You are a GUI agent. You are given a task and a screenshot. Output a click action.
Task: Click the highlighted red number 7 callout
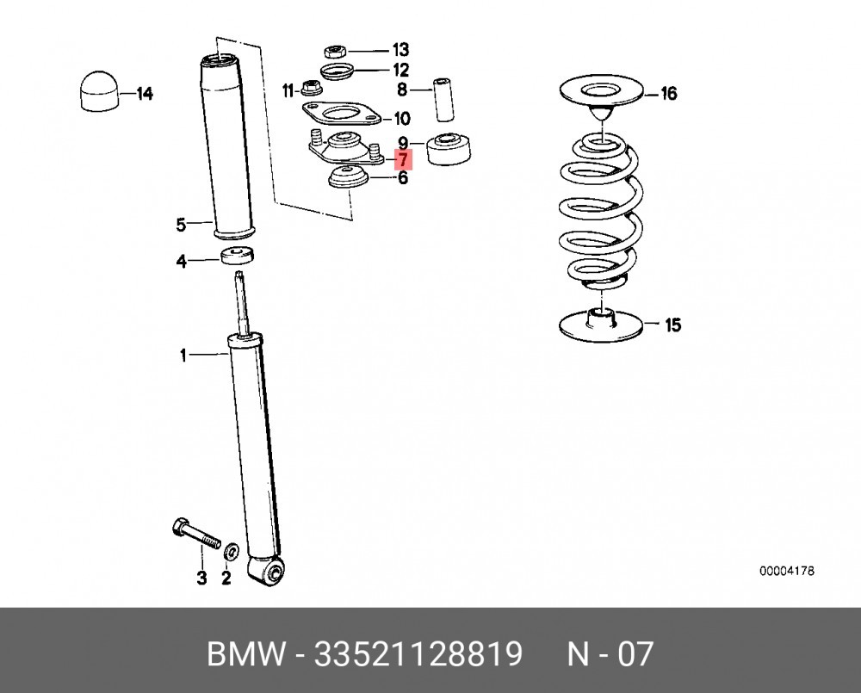404,160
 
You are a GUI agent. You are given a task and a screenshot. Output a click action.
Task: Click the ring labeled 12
336,71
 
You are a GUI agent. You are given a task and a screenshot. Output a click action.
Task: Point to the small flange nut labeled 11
312,88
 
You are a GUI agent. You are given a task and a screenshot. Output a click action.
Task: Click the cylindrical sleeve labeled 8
443,99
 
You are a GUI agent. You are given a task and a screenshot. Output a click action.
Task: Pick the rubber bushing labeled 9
449,148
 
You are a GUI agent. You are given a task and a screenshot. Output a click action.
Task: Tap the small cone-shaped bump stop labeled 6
348,178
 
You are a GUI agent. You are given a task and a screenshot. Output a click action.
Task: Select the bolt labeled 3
195,534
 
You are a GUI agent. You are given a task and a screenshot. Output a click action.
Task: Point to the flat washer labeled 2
232,550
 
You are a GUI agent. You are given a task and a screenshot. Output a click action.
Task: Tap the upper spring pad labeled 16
601,93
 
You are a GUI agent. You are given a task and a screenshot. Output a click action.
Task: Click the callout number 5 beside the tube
181,225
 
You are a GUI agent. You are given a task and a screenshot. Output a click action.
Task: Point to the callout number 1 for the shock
183,356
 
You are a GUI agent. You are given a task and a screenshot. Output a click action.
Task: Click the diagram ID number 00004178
787,571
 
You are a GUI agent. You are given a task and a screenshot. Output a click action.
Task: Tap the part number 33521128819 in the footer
418,654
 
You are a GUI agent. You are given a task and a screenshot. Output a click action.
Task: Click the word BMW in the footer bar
246,654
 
